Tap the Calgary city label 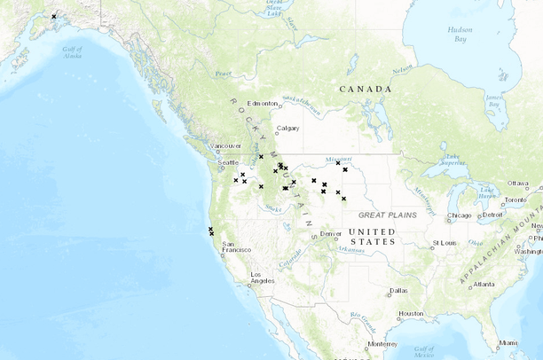(x=287, y=128)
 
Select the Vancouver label (x=225, y=145)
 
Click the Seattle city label (x=229, y=162)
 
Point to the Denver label (x=330, y=234)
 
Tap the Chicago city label (x=460, y=215)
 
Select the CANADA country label (x=365, y=89)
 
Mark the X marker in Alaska (x=53, y=17)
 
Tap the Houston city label (x=411, y=313)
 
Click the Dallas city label (x=397, y=291)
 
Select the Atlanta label (x=484, y=285)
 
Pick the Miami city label (x=508, y=342)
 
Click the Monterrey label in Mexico (x=382, y=344)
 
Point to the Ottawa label (x=517, y=183)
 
